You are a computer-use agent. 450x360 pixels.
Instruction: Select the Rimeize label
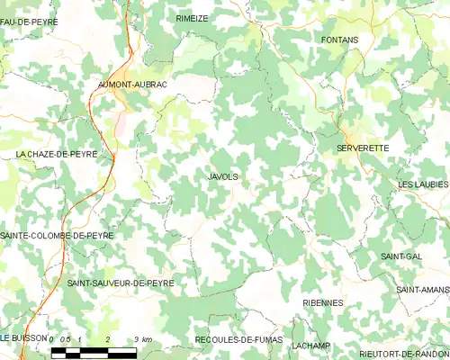pyautogui.click(x=193, y=18)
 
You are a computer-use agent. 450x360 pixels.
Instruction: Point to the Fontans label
pyautogui.click(x=339, y=40)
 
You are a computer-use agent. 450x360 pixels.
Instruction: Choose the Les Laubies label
pyautogui.click(x=423, y=184)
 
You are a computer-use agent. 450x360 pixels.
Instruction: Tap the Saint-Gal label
pyautogui.click(x=401, y=256)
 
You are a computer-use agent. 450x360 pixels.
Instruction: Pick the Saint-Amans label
pyautogui.click(x=422, y=290)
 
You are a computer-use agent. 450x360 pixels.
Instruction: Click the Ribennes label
pyautogui.click(x=322, y=303)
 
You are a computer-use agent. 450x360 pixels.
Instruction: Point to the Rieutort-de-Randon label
pyautogui.click(x=403, y=354)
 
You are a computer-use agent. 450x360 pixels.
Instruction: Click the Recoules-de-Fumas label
pyautogui.click(x=238, y=340)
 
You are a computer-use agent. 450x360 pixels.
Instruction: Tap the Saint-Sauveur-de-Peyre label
pyautogui.click(x=121, y=283)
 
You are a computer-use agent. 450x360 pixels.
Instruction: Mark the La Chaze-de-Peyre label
pyautogui.click(x=56, y=155)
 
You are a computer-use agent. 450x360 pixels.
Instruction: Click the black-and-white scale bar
pyautogui.click(x=94, y=351)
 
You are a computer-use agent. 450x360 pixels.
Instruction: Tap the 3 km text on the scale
pyautogui.click(x=141, y=338)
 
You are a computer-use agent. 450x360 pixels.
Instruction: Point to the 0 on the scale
pyautogui.click(x=53, y=338)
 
